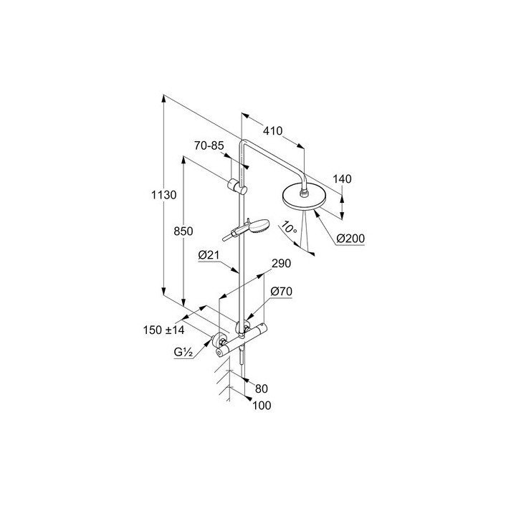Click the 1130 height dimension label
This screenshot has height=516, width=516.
(163, 195)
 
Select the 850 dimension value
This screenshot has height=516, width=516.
(183, 231)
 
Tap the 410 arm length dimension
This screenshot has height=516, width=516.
(272, 131)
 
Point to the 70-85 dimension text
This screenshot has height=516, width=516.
(209, 145)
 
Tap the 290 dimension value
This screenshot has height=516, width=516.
(280, 264)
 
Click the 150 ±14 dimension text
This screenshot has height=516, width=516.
(164, 330)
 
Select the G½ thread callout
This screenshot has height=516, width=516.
(182, 353)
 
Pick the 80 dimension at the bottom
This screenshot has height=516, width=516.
(261, 388)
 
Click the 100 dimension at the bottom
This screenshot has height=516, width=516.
(264, 406)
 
